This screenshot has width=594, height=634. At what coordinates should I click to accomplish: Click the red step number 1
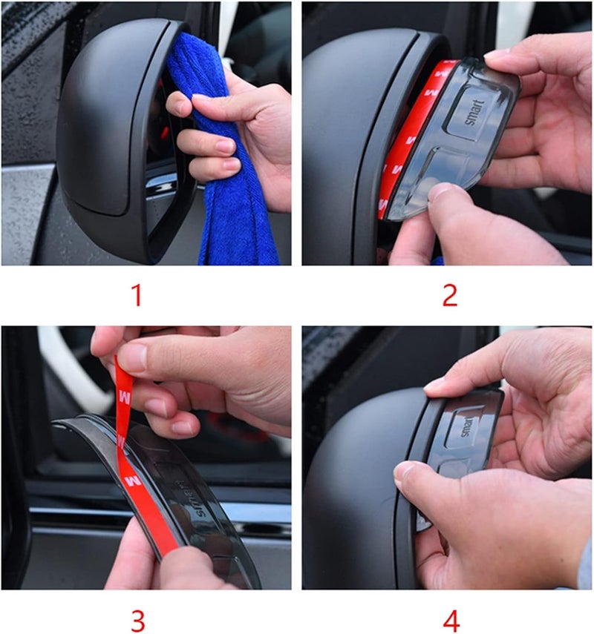(x=136, y=295)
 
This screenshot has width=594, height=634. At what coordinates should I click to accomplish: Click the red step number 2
(x=450, y=295)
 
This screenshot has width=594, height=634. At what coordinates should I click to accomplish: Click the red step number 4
(x=450, y=618)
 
